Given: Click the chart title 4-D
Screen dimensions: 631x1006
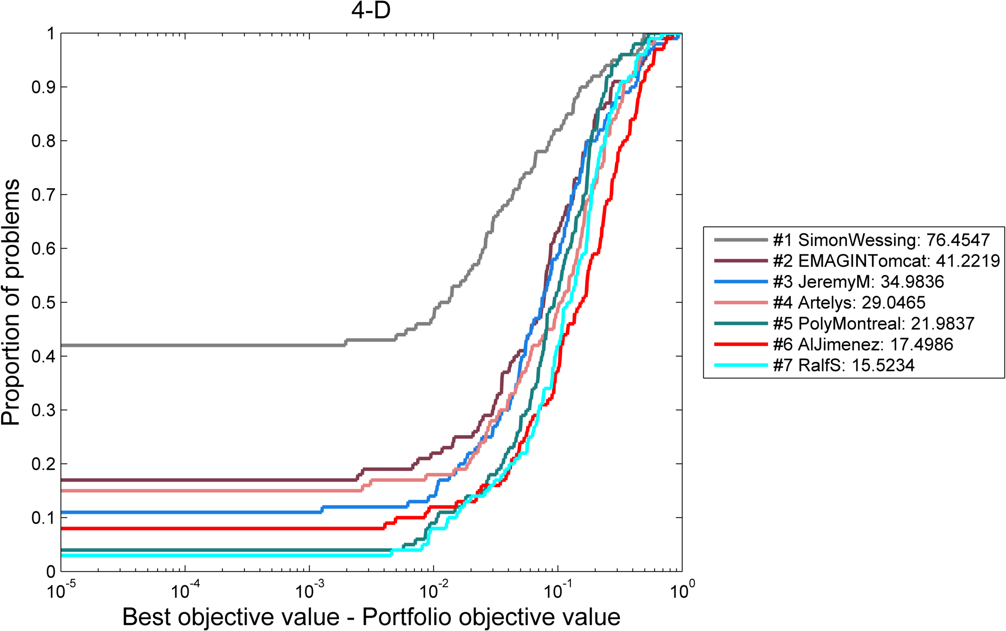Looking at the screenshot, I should pyautogui.click(x=370, y=11).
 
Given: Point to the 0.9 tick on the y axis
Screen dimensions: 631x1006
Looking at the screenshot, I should pyautogui.click(x=43, y=87).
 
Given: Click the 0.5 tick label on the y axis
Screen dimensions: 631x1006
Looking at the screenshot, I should pyautogui.click(x=43, y=303).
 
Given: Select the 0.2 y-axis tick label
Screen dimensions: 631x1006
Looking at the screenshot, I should pyautogui.click(x=43, y=464).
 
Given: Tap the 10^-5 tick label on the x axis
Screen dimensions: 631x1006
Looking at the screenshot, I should pyautogui.click(x=61, y=591).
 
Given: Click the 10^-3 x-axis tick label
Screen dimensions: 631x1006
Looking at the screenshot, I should pyautogui.click(x=310, y=591).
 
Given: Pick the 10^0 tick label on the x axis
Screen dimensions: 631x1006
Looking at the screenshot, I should pyautogui.click(x=682, y=591).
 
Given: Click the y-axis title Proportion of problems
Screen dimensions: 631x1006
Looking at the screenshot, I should pyautogui.click(x=11, y=302).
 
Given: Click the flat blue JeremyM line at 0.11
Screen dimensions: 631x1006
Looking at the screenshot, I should pyautogui.click(x=190, y=512).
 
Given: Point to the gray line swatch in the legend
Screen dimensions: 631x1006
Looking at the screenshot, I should pyautogui.click(x=740, y=240).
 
